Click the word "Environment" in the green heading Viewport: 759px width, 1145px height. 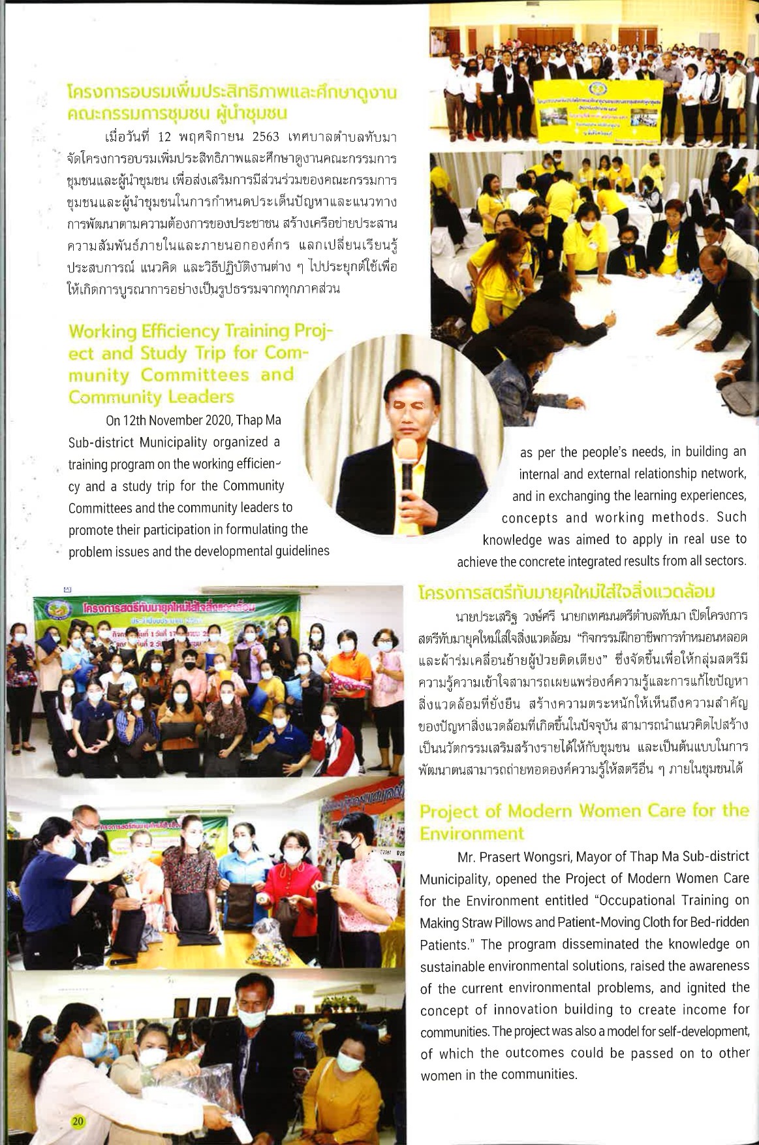(471, 833)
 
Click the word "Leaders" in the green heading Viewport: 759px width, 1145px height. (201, 397)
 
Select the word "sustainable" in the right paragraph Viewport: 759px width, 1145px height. (452, 966)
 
